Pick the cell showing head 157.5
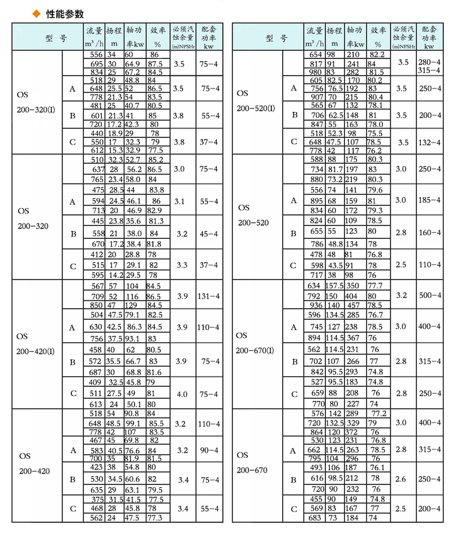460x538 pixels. point(334,285)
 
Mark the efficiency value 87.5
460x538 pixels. point(154,63)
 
